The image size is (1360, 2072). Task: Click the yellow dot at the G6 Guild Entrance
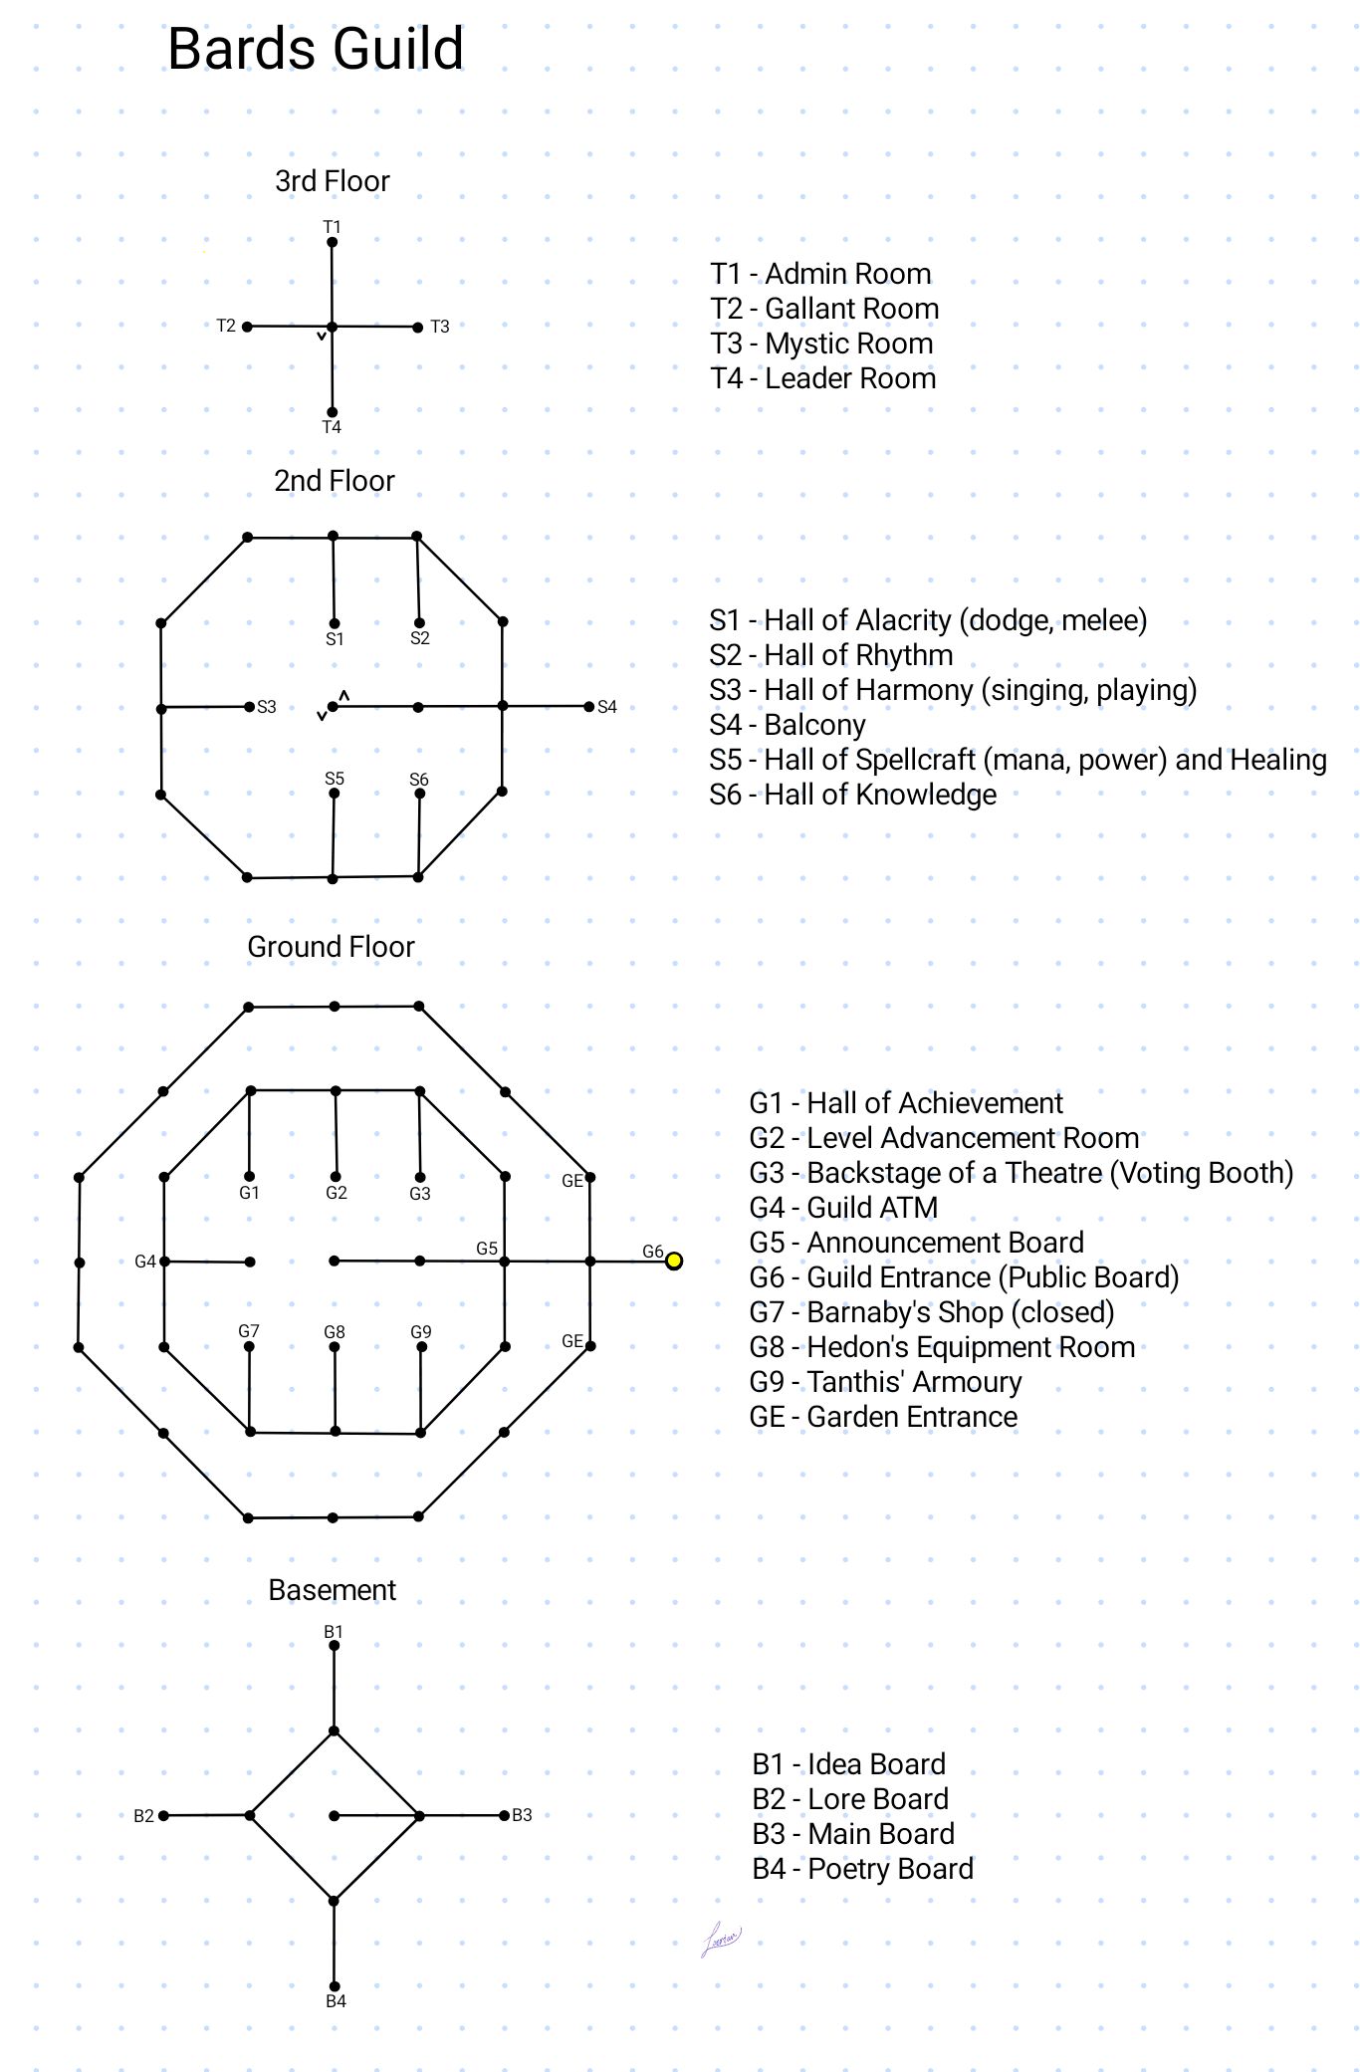coord(674,1261)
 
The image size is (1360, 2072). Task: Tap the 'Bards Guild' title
coord(316,49)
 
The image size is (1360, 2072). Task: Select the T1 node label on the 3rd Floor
coord(332,227)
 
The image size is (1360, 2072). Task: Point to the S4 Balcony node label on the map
coord(607,707)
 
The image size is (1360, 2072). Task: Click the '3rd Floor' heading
coord(332,181)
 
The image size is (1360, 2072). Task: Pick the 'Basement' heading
coord(332,1590)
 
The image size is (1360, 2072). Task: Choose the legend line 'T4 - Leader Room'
coord(822,378)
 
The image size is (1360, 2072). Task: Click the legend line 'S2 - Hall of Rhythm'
coord(830,655)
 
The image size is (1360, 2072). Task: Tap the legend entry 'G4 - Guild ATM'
coord(842,1208)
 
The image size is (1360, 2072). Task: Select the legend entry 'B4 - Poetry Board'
coord(862,1869)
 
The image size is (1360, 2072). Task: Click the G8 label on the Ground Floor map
coord(335,1332)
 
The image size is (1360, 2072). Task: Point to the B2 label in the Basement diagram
coord(144,1816)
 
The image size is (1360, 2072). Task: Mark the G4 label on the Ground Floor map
coord(145,1262)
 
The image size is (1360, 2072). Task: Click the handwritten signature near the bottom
coord(722,1939)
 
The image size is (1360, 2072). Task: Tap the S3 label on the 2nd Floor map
coord(267,707)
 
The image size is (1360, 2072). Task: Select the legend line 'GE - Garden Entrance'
coord(883,1417)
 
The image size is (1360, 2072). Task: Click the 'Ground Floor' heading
coord(331,947)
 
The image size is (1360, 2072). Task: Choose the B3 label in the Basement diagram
coord(523,1815)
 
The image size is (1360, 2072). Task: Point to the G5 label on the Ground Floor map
coord(487,1249)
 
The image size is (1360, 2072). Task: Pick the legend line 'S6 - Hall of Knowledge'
coord(852,795)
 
